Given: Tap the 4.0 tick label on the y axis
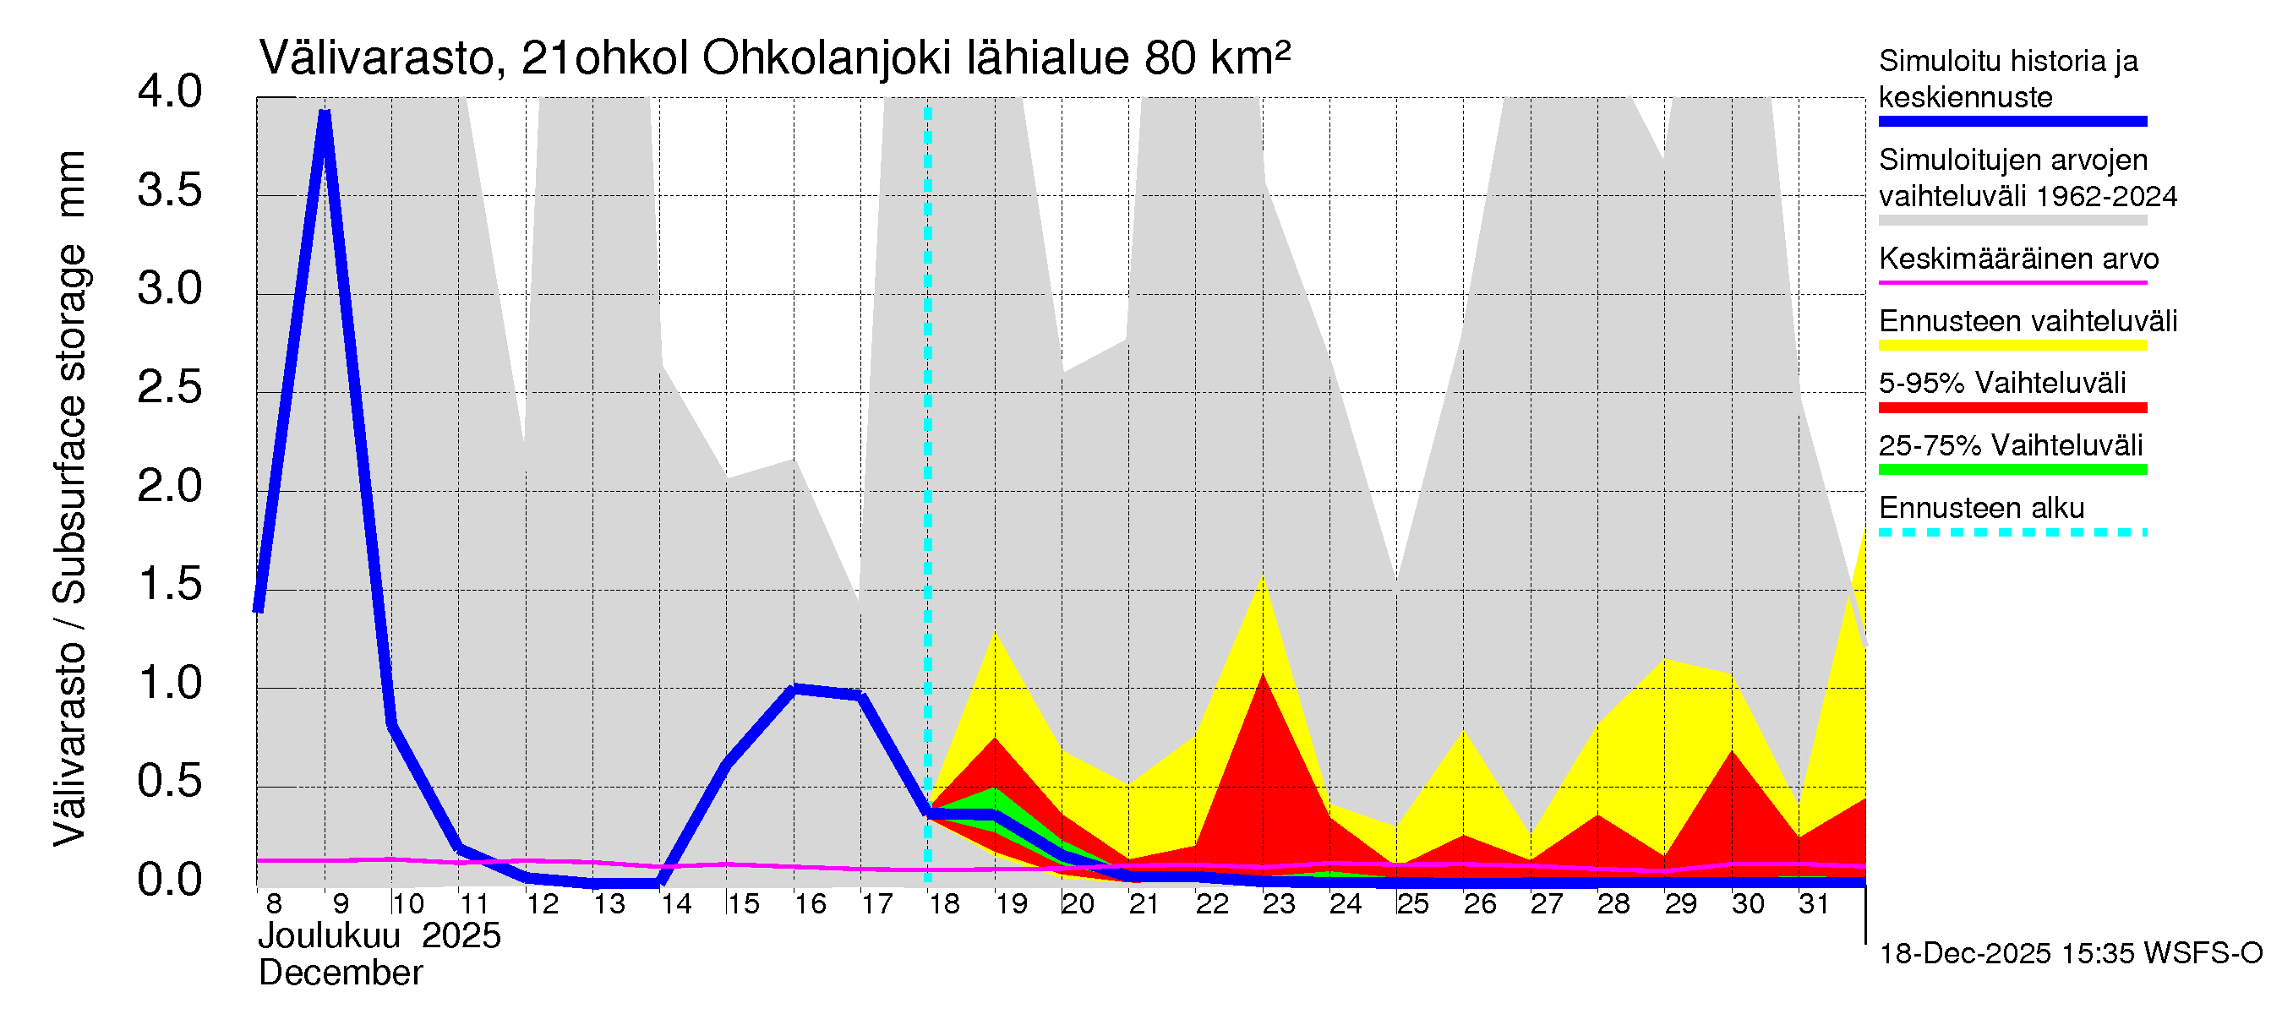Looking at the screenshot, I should click(x=170, y=92).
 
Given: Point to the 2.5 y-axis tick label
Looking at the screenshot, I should click(x=170, y=388).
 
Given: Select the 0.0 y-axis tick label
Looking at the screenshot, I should click(x=170, y=880).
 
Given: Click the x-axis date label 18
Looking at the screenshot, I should click(x=944, y=904).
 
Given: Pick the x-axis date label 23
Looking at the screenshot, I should click(x=1278, y=904).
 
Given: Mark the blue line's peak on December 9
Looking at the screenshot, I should click(x=325, y=113).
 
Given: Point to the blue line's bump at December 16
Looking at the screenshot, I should click(x=794, y=689).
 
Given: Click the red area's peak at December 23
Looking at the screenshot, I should click(x=1264, y=675).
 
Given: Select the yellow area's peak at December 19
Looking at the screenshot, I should click(x=996, y=633).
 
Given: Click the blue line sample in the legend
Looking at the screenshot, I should click(x=2012, y=122).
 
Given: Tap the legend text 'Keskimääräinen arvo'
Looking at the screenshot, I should click(x=2019, y=259).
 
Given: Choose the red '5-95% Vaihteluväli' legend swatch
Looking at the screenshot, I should click(x=2012, y=408).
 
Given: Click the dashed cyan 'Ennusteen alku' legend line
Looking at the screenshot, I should click(x=2012, y=532).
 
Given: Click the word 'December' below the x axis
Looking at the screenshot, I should click(x=340, y=973).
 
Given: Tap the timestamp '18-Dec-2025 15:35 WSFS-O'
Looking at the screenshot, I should click(x=2070, y=954).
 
